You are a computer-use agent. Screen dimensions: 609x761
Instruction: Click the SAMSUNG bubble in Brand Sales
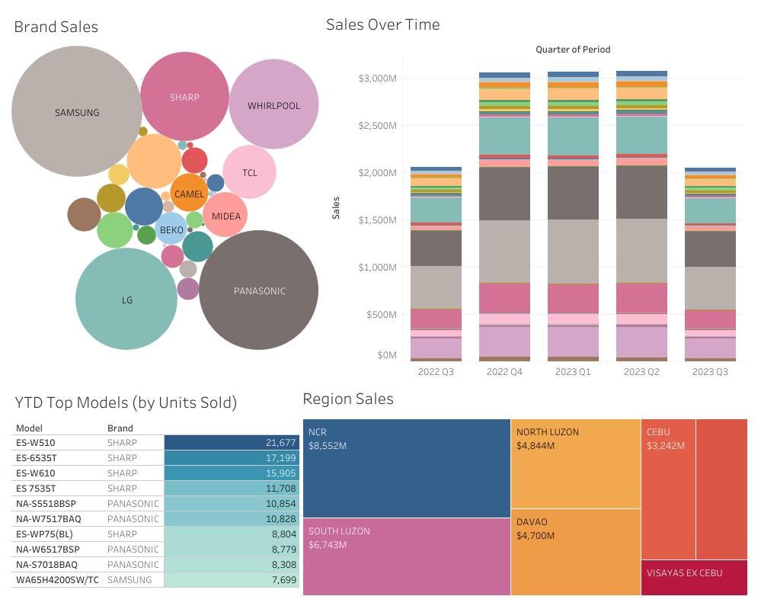point(77,112)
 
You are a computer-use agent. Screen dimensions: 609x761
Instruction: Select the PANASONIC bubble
point(259,290)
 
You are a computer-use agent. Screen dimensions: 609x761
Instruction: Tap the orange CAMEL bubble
point(189,194)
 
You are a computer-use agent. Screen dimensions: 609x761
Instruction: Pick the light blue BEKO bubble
point(171,229)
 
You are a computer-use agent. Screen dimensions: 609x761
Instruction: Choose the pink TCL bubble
point(250,172)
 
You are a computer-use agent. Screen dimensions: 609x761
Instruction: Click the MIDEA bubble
point(225,216)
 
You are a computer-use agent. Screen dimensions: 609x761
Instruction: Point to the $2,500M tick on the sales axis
point(377,126)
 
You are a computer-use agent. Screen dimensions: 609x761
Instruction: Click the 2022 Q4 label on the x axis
point(504,372)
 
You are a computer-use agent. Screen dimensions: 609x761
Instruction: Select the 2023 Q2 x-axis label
point(641,372)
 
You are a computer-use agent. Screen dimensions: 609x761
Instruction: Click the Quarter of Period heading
point(573,50)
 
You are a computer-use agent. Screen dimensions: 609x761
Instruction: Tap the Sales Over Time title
point(382,24)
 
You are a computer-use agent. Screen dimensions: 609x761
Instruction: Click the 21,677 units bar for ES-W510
point(232,443)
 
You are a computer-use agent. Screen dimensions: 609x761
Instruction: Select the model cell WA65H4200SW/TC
point(57,580)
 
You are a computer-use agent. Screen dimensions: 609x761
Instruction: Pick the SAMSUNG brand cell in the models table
point(129,580)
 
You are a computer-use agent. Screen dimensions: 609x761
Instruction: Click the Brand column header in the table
point(120,428)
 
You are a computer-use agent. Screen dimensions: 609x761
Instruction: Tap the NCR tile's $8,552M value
point(328,446)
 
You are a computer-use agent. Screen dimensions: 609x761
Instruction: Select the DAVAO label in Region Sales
point(532,522)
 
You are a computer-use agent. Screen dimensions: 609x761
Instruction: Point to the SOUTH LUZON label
point(339,530)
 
